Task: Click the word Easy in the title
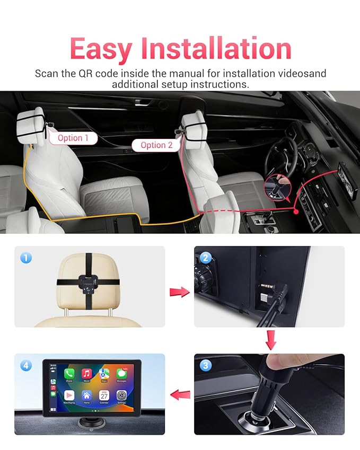101,49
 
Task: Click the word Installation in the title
215,49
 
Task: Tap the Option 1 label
73,138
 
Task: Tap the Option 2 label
156,145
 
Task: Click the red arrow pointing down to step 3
271,340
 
